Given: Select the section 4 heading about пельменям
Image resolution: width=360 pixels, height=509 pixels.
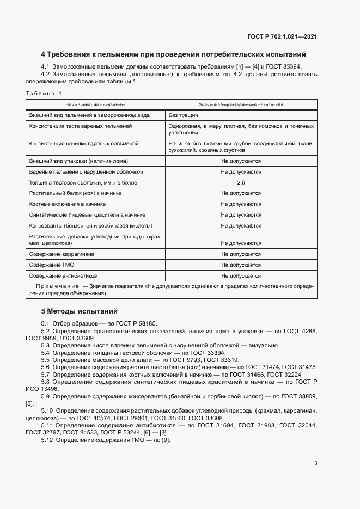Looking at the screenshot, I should coord(173,54).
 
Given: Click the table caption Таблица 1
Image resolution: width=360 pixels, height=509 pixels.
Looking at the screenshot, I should coord(44,94).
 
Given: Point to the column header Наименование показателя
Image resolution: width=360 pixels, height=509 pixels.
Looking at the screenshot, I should coord(95,104).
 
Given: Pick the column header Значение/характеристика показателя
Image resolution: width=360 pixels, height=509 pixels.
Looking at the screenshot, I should coord(241,104).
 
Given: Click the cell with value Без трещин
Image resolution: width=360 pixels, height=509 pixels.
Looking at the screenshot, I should coord(183,115).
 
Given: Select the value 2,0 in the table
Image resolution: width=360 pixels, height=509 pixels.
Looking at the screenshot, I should coord(241,182).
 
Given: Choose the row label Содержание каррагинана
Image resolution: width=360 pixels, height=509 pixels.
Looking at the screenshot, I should coord(63,254).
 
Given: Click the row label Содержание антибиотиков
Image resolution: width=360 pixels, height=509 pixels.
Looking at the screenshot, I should coord(62,275).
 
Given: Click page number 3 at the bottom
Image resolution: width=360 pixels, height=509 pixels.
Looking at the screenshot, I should coord(315,463).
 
